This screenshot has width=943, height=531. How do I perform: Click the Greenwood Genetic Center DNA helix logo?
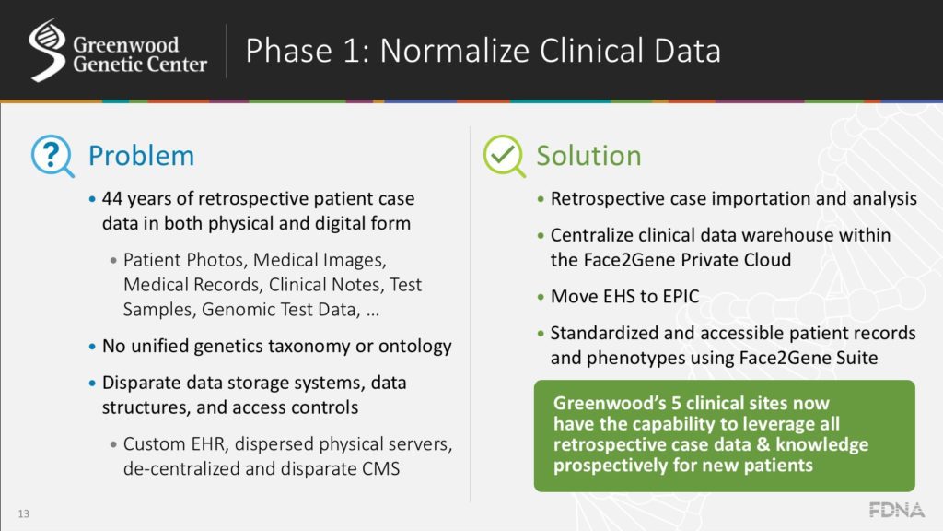(47, 51)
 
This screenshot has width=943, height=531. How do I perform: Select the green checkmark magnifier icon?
(503, 155)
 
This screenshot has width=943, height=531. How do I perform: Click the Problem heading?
(141, 156)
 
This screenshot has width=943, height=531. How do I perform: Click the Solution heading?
(588, 156)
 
